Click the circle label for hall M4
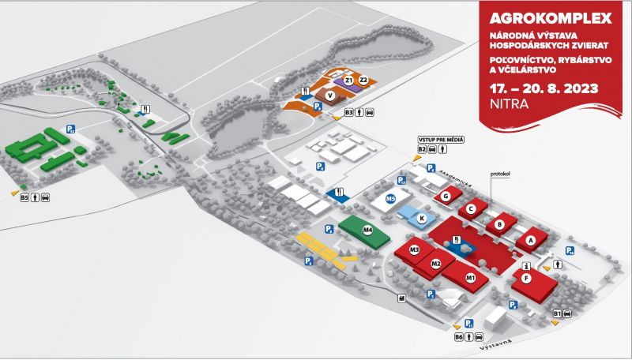(x=367, y=230)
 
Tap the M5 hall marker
(x=390, y=200)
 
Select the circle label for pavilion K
(x=422, y=218)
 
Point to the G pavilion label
(x=446, y=196)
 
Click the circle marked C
(x=471, y=209)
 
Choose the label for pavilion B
(x=498, y=225)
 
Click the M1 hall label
(x=470, y=277)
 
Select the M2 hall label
(x=435, y=263)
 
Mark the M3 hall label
(x=414, y=250)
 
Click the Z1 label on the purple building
(x=348, y=81)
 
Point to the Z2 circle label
(x=363, y=81)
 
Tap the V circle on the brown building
(x=329, y=96)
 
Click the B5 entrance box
(x=24, y=197)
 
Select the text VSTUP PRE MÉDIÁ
(x=440, y=139)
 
